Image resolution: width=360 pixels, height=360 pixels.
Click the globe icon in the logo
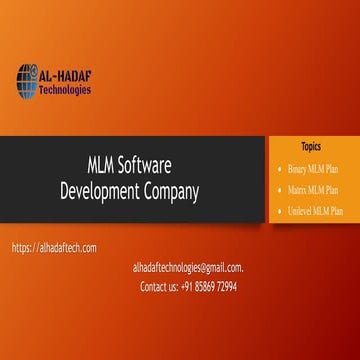click(x=26, y=80)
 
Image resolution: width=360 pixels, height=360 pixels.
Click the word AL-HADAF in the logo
click(x=65, y=73)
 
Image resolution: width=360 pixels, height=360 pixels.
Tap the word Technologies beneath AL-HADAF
click(x=65, y=89)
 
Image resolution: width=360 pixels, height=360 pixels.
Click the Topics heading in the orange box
click(x=311, y=145)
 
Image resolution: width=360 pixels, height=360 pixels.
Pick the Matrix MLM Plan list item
click(x=312, y=189)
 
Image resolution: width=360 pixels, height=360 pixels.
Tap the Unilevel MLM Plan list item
click(x=312, y=211)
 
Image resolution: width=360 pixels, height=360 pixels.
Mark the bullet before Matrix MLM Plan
click(x=277, y=189)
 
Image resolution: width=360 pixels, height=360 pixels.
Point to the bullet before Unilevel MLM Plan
click(x=277, y=211)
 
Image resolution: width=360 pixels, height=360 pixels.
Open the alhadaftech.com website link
click(x=55, y=248)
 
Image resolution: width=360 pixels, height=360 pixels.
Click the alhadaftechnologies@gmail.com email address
click(x=188, y=267)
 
